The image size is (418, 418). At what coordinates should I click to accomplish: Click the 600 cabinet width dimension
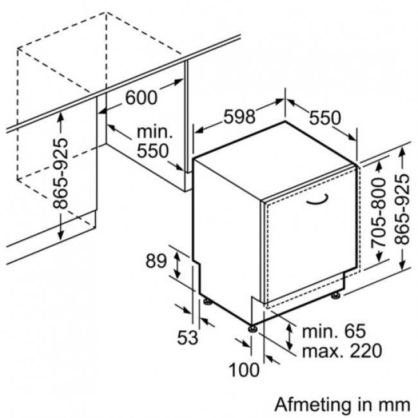(x=141, y=98)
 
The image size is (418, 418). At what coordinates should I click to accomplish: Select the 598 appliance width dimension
(x=239, y=116)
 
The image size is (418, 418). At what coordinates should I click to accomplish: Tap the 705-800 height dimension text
(x=379, y=212)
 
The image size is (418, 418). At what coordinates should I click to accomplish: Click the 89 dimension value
(x=156, y=260)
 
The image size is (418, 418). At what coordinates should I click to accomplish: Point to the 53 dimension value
(x=188, y=337)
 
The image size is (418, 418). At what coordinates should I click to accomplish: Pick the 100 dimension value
(x=244, y=370)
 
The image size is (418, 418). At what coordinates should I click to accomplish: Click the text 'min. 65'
(x=334, y=331)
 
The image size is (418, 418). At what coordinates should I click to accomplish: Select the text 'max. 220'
(x=342, y=351)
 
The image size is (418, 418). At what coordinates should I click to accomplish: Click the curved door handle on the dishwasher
(x=317, y=200)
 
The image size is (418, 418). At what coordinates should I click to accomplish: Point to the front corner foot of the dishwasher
(x=253, y=329)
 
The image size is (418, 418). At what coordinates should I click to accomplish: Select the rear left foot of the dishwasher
(x=208, y=302)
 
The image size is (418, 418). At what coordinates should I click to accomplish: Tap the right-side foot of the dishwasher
(x=335, y=295)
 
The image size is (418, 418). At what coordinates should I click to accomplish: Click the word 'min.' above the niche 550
(x=154, y=132)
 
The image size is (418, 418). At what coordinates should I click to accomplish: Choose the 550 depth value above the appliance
(x=325, y=118)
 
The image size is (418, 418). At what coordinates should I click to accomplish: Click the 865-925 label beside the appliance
(x=402, y=209)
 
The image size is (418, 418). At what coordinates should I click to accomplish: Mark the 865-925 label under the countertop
(x=60, y=174)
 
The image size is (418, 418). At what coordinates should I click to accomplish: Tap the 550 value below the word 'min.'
(x=153, y=150)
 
